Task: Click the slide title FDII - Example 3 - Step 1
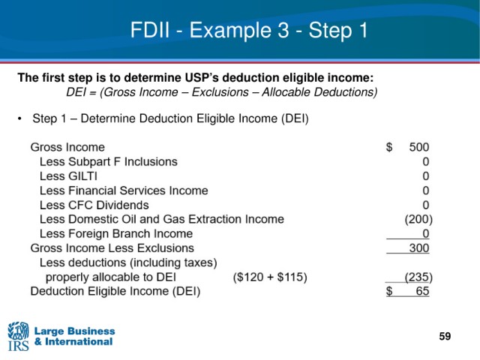pos(249,30)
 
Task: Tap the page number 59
pos(445,336)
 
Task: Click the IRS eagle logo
pos(18,336)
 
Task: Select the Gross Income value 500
pos(419,147)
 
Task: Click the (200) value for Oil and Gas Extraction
pos(418,219)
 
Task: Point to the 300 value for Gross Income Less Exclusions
pos(419,248)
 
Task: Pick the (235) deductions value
pos(418,277)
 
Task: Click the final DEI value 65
pos(422,291)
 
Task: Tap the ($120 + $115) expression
pos(270,277)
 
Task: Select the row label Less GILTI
pos(68,176)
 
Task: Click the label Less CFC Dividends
pos(94,205)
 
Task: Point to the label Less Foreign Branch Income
pos(116,234)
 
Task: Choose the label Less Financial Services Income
pos(124,190)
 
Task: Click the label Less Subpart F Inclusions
pos(109,162)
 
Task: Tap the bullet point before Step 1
pos(20,118)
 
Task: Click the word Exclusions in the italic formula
pos(220,92)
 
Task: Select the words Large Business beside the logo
pos(75,331)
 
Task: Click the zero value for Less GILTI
pos(426,176)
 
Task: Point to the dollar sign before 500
pos(389,147)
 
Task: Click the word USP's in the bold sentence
pos(202,78)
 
